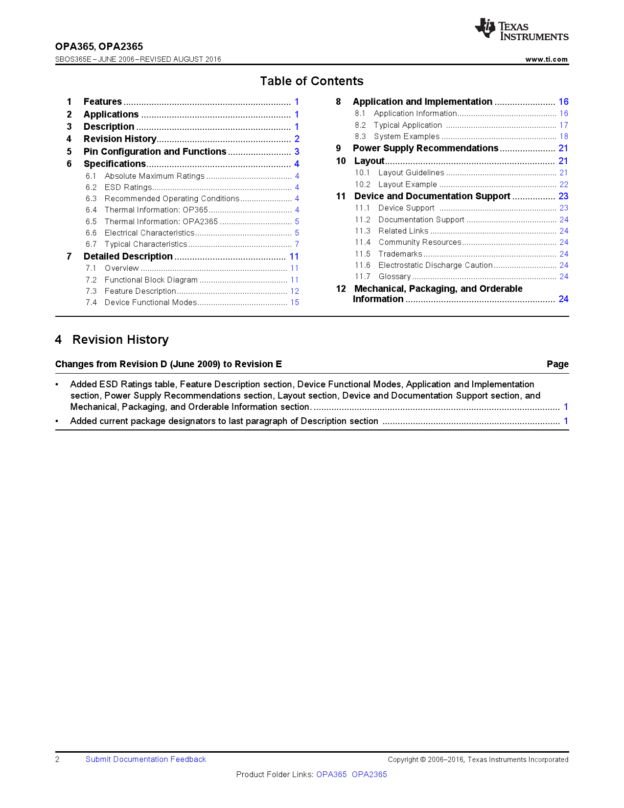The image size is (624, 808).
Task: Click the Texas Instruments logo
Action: click(521, 29)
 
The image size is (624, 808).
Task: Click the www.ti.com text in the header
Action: click(546, 59)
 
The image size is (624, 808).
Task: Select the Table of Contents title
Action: click(312, 81)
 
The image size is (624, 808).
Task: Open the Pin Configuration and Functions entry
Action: click(155, 152)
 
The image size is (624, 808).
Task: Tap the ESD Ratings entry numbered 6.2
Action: click(128, 188)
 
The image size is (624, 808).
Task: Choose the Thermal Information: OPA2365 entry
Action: click(161, 222)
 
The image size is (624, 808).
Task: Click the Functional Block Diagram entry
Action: click(151, 280)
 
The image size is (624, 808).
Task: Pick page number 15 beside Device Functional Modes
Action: click(295, 303)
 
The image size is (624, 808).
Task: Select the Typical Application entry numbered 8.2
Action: click(408, 125)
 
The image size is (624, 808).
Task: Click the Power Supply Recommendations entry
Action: click(425, 148)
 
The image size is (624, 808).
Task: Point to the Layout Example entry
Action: click(407, 185)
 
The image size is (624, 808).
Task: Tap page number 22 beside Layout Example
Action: click(564, 185)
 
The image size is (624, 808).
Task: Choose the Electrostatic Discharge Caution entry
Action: click(435, 265)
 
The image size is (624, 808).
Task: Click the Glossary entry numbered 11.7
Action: click(394, 277)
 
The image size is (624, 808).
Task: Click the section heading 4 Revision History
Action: click(112, 340)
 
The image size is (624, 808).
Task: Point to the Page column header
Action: click(557, 364)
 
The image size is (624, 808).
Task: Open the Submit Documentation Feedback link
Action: click(146, 760)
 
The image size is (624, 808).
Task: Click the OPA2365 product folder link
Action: click(370, 775)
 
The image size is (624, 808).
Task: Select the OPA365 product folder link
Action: click(331, 775)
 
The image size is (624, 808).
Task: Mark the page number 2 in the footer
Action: click(57, 760)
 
